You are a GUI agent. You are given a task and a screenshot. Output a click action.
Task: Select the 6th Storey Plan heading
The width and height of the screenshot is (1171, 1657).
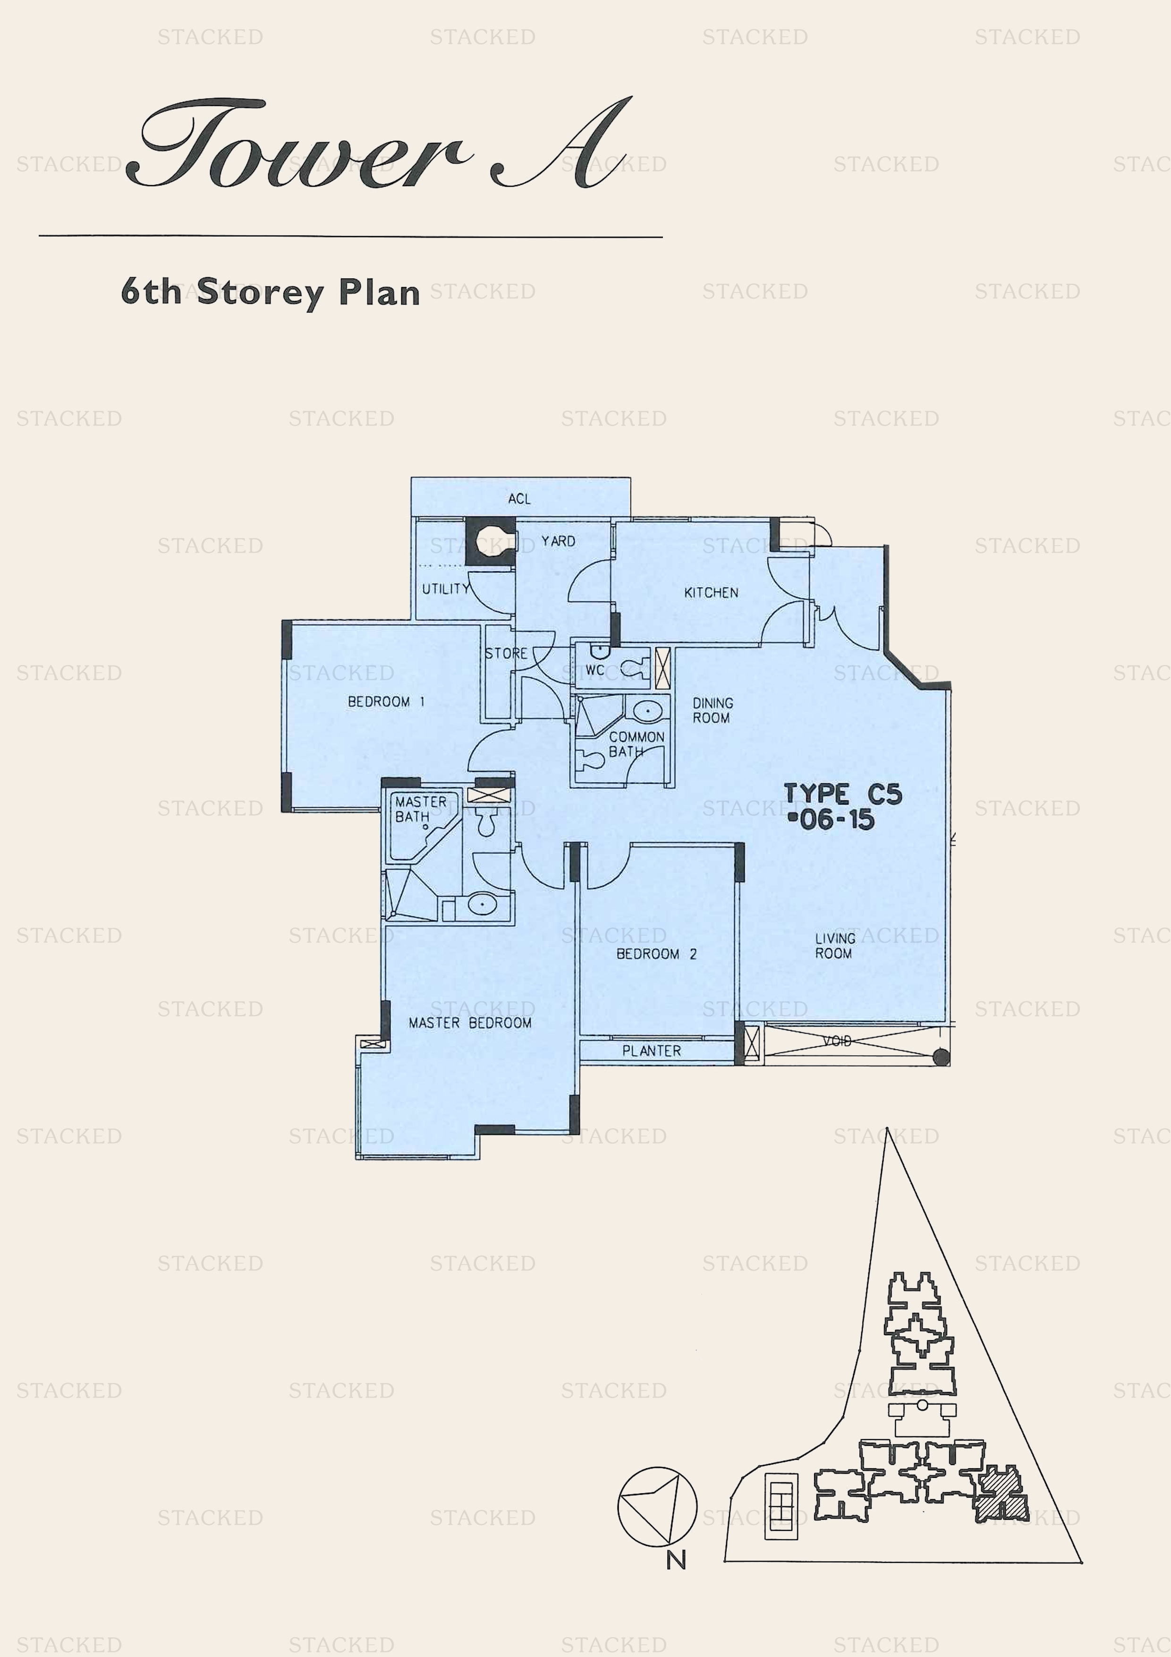pos(271,292)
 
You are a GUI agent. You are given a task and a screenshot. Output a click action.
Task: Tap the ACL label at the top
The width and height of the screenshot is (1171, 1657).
pos(519,499)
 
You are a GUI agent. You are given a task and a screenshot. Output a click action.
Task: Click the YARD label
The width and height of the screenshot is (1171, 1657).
pos(559,540)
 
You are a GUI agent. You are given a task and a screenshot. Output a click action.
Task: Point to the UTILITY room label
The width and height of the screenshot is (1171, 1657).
pos(446,589)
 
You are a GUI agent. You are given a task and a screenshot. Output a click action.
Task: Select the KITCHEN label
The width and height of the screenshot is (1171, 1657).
pos(712,592)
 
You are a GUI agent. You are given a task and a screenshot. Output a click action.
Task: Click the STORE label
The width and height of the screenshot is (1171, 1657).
pos(507,653)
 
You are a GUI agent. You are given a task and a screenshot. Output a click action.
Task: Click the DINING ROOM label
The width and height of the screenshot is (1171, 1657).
pos(713,710)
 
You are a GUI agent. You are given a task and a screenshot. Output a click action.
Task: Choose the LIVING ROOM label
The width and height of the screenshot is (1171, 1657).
pos(835,946)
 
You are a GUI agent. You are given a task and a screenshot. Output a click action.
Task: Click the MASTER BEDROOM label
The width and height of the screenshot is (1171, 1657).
pos(470,1023)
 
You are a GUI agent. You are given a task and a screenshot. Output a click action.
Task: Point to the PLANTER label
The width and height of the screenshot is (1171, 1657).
pos(652,1051)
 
